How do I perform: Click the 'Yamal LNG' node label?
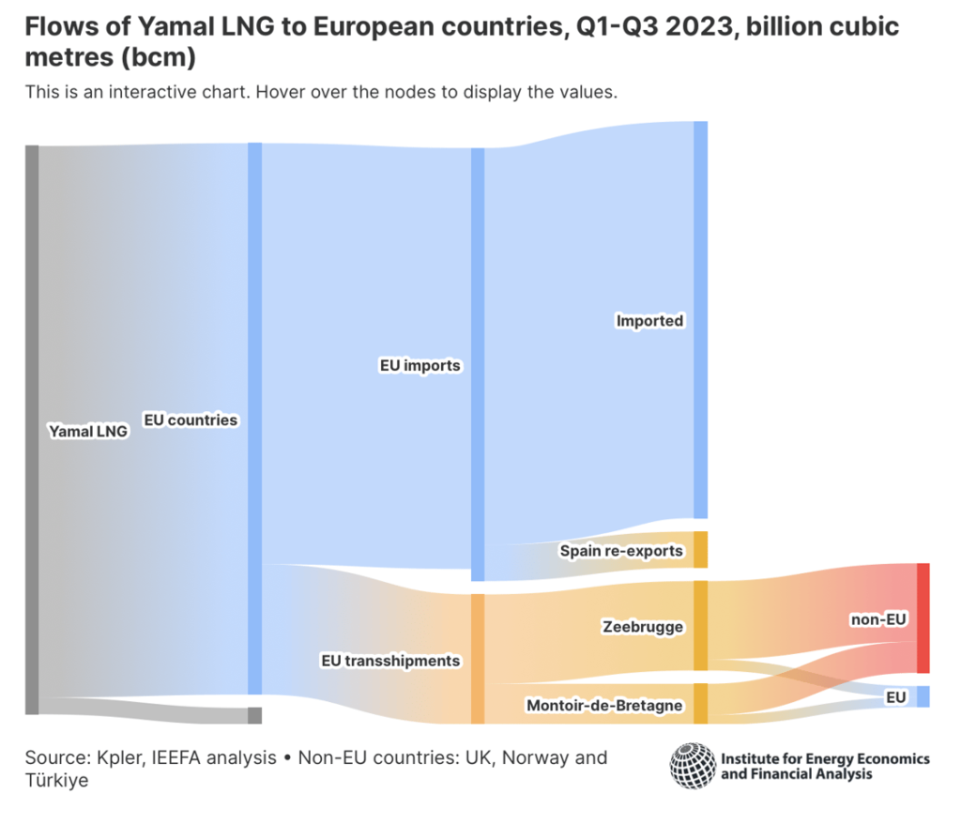click(87, 432)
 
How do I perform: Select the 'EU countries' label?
click(190, 420)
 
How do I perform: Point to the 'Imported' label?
click(649, 321)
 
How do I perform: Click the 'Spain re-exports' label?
click(621, 551)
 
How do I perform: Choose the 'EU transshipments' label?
click(390, 661)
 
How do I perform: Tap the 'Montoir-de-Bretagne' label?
click(603, 705)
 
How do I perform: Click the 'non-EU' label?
click(878, 618)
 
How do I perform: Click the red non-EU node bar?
click(923, 618)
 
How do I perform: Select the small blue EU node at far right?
click(923, 696)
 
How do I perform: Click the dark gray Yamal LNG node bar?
click(32, 429)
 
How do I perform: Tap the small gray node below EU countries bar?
click(254, 715)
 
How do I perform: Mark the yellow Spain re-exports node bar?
click(700, 550)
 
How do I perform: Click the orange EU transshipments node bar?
click(478, 658)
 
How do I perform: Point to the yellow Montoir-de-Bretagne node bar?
click(700, 704)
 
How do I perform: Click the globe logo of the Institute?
click(693, 765)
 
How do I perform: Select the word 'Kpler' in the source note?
click(108, 757)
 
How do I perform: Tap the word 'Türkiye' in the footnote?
click(57, 780)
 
